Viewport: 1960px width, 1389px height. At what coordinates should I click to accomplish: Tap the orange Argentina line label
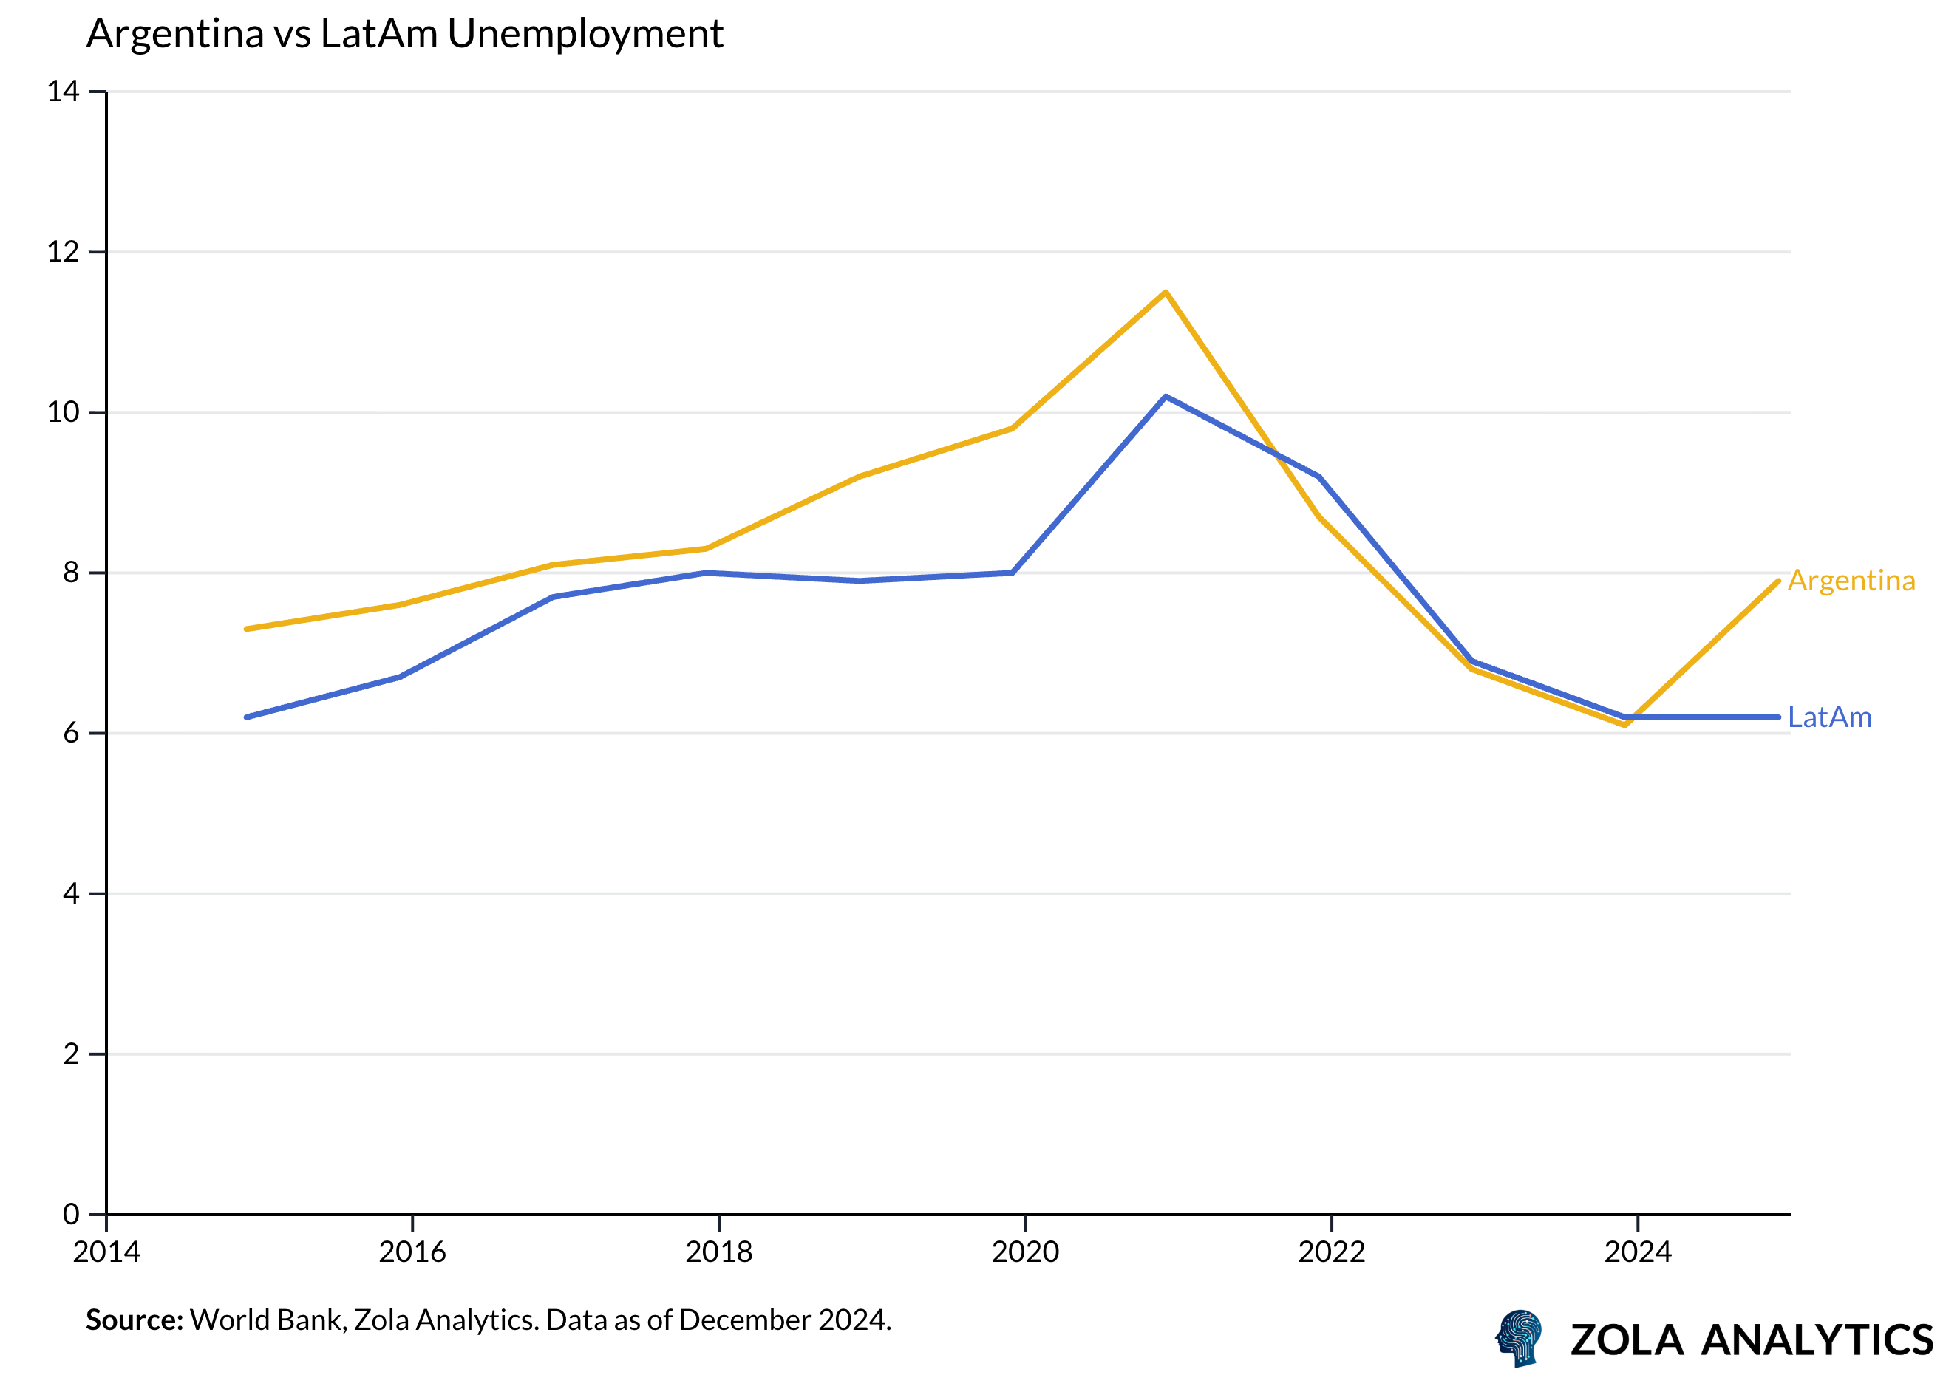(x=1851, y=581)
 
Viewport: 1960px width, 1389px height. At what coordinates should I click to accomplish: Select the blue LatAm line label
(x=1829, y=717)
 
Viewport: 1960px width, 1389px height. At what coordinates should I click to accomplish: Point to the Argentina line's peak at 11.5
(x=1166, y=293)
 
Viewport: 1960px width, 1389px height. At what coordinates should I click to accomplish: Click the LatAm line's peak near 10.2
(x=1166, y=397)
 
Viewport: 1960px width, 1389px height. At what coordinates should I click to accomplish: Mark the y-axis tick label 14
(x=63, y=92)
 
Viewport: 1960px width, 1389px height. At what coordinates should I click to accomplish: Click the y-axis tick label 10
(x=63, y=412)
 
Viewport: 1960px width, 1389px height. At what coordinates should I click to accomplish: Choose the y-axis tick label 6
(x=70, y=733)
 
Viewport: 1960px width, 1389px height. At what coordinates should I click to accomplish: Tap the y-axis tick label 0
(x=70, y=1214)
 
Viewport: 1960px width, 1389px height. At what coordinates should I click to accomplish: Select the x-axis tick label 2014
(x=106, y=1252)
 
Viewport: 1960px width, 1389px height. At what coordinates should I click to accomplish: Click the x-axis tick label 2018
(x=718, y=1252)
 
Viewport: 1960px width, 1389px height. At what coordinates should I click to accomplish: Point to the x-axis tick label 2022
(x=1331, y=1252)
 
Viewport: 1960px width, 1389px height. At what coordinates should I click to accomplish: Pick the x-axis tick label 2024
(x=1638, y=1252)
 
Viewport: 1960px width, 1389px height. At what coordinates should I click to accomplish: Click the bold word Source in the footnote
(x=135, y=1320)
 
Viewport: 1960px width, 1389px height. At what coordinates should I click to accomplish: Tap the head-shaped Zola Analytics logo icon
(x=1520, y=1339)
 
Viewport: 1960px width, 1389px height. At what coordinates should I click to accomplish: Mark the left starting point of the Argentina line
(x=246, y=629)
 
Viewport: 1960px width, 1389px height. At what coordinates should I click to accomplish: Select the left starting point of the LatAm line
(x=246, y=717)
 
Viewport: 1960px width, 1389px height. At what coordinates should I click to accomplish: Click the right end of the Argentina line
(x=1777, y=581)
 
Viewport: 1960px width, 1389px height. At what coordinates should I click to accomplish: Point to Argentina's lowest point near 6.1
(x=1624, y=726)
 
